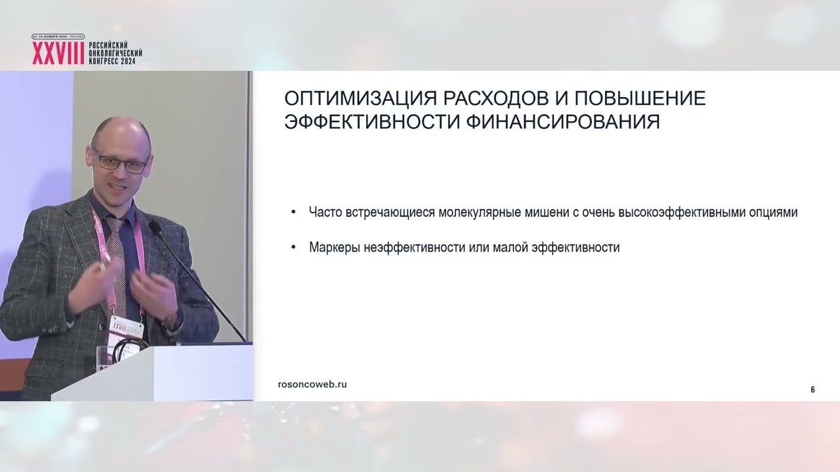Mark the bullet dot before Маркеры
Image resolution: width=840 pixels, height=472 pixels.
(x=293, y=248)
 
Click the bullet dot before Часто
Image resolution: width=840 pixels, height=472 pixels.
(x=293, y=213)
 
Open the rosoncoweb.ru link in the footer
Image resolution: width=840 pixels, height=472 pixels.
(x=312, y=384)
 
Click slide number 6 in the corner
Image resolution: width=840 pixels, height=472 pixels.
(x=812, y=389)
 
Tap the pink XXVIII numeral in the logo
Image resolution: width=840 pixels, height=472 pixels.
(x=58, y=54)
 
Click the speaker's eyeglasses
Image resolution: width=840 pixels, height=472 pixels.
(x=121, y=161)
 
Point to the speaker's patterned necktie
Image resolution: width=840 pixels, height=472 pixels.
(x=116, y=256)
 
